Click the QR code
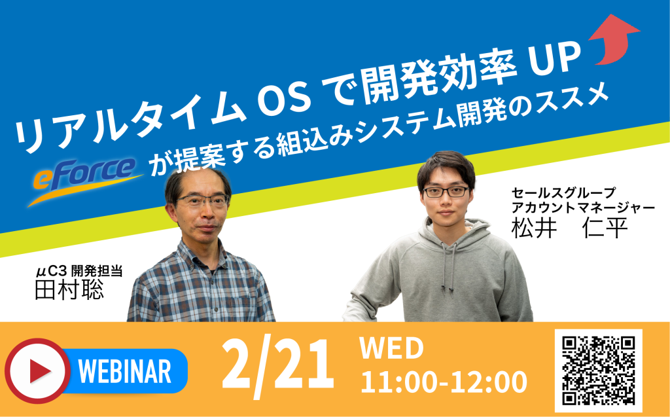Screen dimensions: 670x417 [x=598, y=371]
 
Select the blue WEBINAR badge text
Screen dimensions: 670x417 [x=125, y=371]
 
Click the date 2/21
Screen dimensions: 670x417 [x=277, y=369]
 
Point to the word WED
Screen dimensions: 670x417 [x=391, y=348]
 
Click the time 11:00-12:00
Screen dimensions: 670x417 [x=444, y=382]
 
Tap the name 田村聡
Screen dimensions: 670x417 [x=69, y=289]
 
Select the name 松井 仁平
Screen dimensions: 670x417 [x=570, y=228]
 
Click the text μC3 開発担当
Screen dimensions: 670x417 [x=79, y=271]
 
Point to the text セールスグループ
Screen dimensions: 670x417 [x=563, y=193]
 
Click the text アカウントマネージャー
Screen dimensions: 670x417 [x=583, y=208]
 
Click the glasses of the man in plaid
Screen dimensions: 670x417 [x=203, y=200]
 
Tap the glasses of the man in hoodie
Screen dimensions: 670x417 [x=446, y=192]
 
